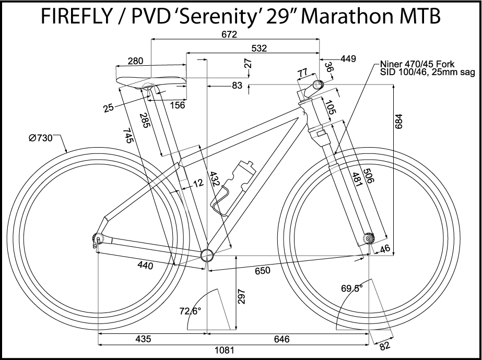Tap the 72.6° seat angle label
point(191,311)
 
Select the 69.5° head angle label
point(352,288)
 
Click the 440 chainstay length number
point(145,266)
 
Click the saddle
point(151,82)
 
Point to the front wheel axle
point(369,238)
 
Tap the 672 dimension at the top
point(229,34)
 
